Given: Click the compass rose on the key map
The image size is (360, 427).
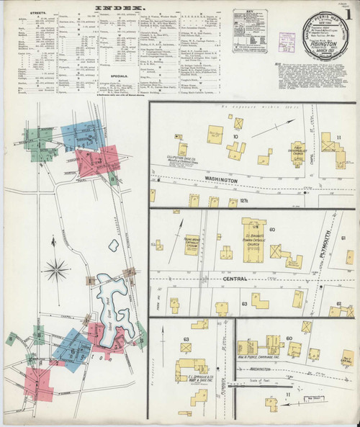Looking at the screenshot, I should coord(55,271).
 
